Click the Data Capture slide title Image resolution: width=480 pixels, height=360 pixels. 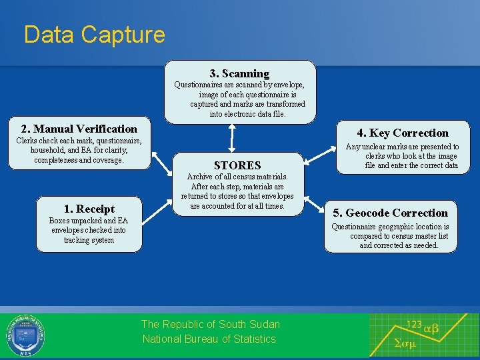(x=94, y=35)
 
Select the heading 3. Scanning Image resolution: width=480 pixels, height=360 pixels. (x=239, y=73)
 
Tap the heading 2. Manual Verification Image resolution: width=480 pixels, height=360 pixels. (x=79, y=129)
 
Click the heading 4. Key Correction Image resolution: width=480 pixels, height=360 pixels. (x=403, y=133)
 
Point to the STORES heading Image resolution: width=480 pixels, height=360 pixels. (x=237, y=165)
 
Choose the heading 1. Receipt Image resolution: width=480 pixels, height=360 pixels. (x=89, y=209)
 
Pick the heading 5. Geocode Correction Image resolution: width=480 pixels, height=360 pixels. (x=390, y=213)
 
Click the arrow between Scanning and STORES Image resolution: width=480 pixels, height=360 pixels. (x=231, y=139)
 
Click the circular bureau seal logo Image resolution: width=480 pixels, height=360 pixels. (x=25, y=335)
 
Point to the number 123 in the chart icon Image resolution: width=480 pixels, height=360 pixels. (x=414, y=324)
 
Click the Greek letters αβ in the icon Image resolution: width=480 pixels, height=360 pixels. (x=431, y=328)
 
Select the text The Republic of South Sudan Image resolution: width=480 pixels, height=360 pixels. (x=211, y=324)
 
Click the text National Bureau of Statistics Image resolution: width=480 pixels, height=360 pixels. (x=209, y=339)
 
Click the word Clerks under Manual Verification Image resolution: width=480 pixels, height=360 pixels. (x=28, y=141)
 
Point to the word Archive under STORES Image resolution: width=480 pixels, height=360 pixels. (x=201, y=177)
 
